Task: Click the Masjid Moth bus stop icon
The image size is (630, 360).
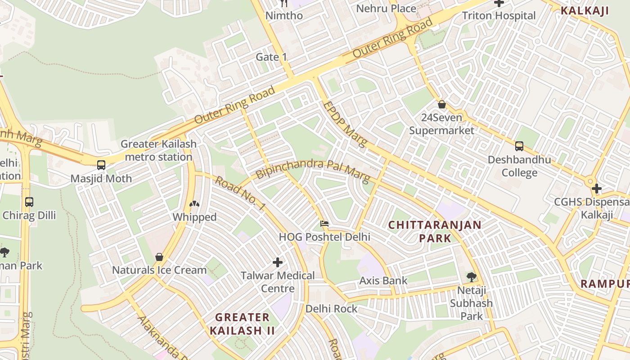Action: click(x=101, y=165)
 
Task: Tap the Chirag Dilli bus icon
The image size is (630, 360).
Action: click(x=29, y=202)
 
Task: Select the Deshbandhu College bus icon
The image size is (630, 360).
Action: click(x=519, y=146)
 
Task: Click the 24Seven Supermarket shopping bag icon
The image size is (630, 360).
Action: click(x=442, y=104)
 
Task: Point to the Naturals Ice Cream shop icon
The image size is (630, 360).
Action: click(x=159, y=257)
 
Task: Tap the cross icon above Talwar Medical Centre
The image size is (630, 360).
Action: click(x=278, y=262)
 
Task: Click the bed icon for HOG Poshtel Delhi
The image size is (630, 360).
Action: click(x=324, y=223)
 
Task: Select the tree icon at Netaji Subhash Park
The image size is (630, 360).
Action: click(x=471, y=277)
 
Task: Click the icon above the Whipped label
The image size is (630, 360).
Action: click(x=194, y=204)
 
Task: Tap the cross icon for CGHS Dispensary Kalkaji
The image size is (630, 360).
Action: click(x=597, y=188)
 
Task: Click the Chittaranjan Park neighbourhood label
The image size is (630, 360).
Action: click(x=435, y=231)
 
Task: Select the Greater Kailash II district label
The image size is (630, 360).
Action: click(x=242, y=324)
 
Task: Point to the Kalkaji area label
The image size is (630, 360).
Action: click(x=585, y=11)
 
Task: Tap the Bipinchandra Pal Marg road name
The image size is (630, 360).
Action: click(x=313, y=170)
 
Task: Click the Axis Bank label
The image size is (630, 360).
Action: click(x=383, y=281)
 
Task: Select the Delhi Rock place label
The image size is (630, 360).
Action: click(x=331, y=309)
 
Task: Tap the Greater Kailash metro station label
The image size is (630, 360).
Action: click(x=158, y=151)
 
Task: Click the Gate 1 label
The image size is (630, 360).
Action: click(x=271, y=57)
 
